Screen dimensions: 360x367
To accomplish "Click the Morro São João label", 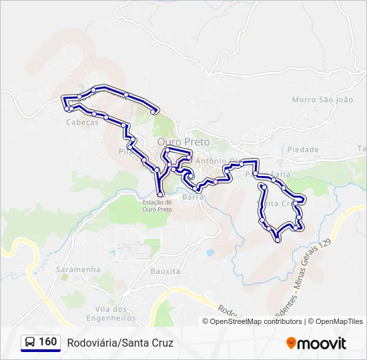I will (x=322, y=99).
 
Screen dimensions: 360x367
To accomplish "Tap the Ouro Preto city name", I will (x=183, y=142).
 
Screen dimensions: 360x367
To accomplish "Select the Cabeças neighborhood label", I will (x=83, y=122).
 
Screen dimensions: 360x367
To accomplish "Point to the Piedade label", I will (x=303, y=149).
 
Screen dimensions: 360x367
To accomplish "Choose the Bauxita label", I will (x=165, y=271).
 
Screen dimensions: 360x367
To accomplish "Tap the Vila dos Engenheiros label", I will (x=111, y=313).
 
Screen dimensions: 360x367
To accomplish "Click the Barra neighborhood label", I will (x=193, y=197).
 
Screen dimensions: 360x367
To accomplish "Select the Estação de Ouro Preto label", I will (x=157, y=205).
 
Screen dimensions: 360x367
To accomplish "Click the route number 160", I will (x=47, y=342).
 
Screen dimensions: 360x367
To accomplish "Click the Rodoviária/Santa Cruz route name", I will (x=120, y=343).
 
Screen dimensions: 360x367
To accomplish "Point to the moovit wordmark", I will (x=322, y=343).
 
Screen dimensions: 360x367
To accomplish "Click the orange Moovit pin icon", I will (x=292, y=343).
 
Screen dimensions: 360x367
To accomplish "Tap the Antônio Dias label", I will (x=217, y=160).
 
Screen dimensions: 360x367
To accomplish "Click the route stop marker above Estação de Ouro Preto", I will (x=160, y=194).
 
